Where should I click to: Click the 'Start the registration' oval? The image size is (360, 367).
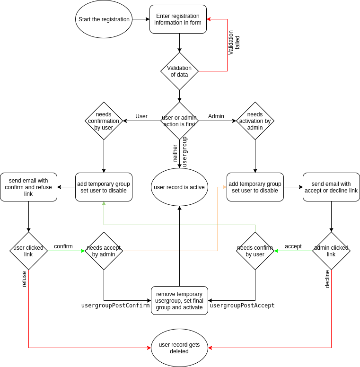click(104, 19)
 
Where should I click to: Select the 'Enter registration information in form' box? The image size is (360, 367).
click(178, 19)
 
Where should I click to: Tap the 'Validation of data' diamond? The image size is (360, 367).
click(179, 71)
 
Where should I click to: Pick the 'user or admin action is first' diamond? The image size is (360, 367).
click(179, 121)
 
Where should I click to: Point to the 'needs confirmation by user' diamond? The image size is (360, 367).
click(104, 121)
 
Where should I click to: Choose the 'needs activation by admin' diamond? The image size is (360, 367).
click(255, 121)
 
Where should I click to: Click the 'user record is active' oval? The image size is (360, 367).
click(179, 187)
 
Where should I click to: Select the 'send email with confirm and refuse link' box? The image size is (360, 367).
click(28, 187)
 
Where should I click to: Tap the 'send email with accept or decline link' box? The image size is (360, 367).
click(331, 187)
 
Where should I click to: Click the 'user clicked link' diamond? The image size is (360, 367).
click(28, 251)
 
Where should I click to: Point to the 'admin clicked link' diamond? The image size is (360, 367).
click(331, 251)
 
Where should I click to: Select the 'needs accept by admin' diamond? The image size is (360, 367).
click(104, 251)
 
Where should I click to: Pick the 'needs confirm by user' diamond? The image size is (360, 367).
click(255, 251)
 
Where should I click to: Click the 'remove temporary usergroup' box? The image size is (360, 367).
click(179, 301)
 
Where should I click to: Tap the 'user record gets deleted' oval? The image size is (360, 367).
click(179, 348)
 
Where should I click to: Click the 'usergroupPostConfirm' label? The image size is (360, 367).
click(115, 306)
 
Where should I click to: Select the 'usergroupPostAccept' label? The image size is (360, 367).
click(242, 306)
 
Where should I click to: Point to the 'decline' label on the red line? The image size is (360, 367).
click(327, 279)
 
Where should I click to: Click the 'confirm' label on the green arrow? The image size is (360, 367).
click(63, 246)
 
